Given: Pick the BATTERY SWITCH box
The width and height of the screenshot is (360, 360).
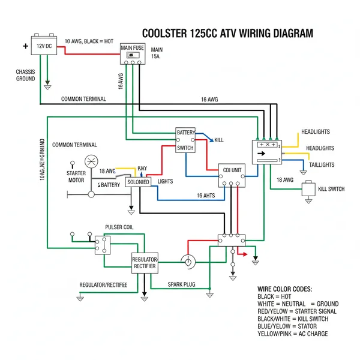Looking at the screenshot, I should coord(185,140).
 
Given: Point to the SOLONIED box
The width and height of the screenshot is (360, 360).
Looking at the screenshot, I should coord(138,182).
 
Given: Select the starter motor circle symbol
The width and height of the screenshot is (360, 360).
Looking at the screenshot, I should coord(92,161).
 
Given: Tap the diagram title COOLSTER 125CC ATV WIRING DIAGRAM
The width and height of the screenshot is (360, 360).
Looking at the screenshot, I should coord(227,34).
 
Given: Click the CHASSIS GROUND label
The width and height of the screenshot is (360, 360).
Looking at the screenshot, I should coord(25,75).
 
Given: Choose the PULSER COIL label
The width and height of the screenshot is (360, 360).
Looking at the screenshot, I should coord(119,227).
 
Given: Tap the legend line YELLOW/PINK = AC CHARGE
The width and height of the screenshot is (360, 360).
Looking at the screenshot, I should coord(292,334).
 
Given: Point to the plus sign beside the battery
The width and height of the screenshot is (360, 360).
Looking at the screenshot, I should coord(25,46).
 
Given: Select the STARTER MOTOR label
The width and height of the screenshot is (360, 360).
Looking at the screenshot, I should coord(71,176).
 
